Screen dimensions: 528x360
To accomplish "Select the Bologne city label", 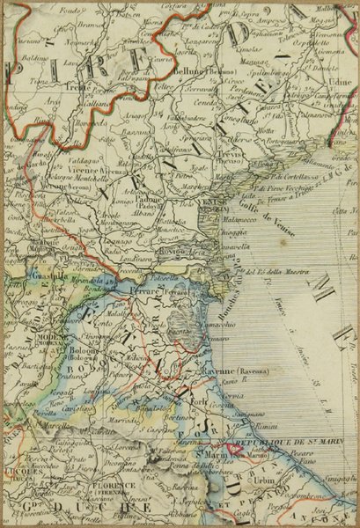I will pos(82,348).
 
